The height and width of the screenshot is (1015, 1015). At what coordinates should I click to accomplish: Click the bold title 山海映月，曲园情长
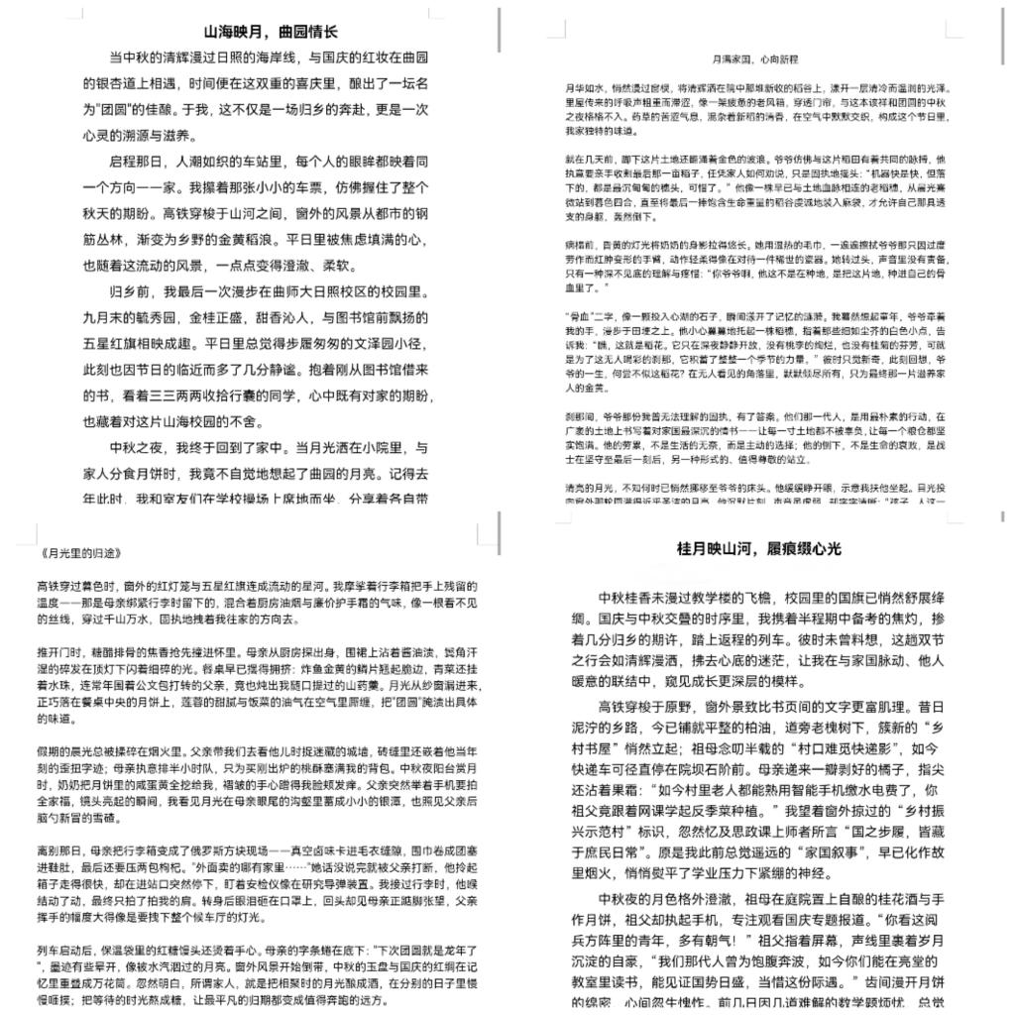click(x=271, y=32)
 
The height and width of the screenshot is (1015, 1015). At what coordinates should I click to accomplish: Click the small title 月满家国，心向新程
click(x=762, y=60)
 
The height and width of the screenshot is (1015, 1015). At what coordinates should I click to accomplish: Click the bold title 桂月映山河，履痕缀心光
click(x=759, y=549)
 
